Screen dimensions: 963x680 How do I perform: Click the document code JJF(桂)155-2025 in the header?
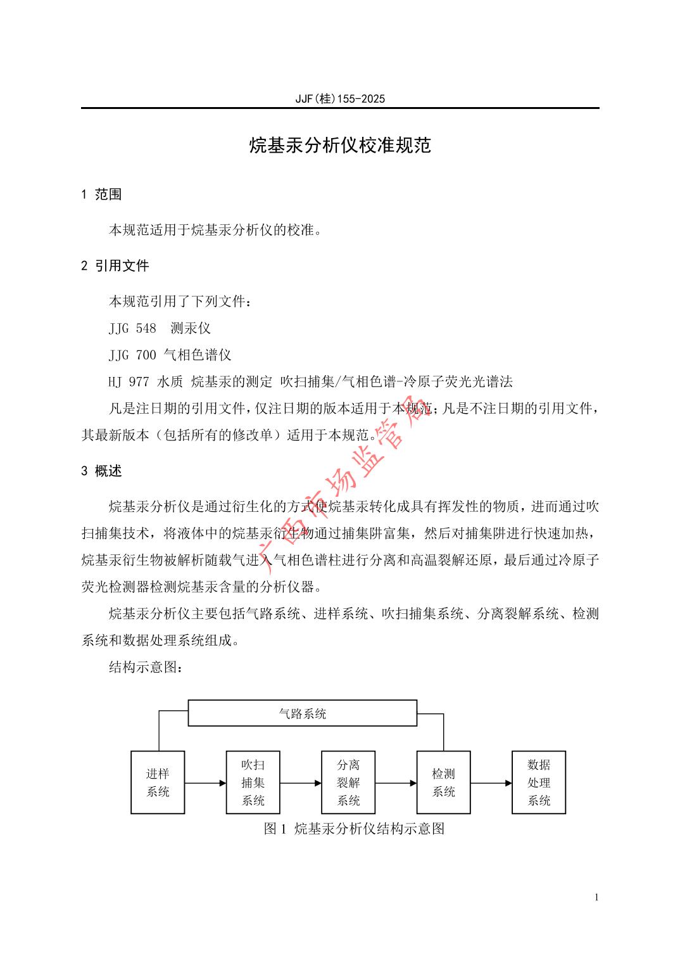pyautogui.click(x=340, y=99)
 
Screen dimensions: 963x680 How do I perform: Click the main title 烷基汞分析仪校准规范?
pyautogui.click(x=340, y=146)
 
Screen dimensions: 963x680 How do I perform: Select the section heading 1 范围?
pyautogui.click(x=101, y=195)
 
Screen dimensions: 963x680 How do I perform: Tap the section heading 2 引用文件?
pyautogui.click(x=115, y=266)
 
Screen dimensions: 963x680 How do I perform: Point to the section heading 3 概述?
pyautogui.click(x=101, y=471)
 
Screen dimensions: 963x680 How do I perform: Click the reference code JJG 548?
pyautogui.click(x=132, y=328)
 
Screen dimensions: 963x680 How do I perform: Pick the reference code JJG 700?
pyautogui.click(x=132, y=355)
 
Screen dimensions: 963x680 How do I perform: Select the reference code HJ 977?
pyautogui.click(x=129, y=381)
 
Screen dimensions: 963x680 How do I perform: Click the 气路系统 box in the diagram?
pyautogui.click(x=303, y=713)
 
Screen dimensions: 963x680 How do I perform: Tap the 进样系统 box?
pyautogui.click(x=158, y=782)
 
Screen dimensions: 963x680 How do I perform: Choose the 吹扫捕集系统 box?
pyautogui.click(x=253, y=782)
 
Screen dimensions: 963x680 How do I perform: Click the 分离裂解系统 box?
pyautogui.click(x=348, y=782)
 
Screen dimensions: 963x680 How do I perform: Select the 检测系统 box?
pyautogui.click(x=443, y=782)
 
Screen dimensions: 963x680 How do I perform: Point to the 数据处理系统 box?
pyautogui.click(x=539, y=782)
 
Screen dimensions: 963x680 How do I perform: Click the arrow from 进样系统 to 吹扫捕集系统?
pyautogui.click(x=206, y=783)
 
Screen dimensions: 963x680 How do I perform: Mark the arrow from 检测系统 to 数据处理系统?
pyautogui.click(x=491, y=783)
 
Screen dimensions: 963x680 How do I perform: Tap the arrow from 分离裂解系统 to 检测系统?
pyautogui.click(x=396, y=783)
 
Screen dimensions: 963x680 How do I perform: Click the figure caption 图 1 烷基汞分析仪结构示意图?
pyautogui.click(x=354, y=829)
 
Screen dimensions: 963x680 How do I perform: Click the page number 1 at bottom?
pyautogui.click(x=596, y=897)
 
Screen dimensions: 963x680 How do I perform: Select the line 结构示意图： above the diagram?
pyautogui.click(x=146, y=667)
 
